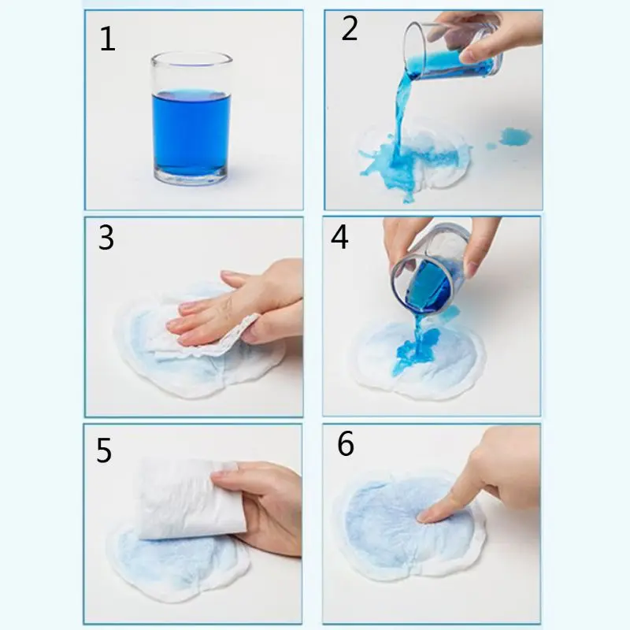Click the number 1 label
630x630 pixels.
(x=107, y=39)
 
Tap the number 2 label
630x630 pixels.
(x=349, y=28)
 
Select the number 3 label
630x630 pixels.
(x=106, y=238)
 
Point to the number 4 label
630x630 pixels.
(x=339, y=237)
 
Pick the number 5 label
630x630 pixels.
(x=104, y=450)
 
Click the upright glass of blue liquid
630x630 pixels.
(x=191, y=118)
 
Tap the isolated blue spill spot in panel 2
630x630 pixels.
(x=515, y=136)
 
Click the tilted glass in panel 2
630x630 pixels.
(x=452, y=50)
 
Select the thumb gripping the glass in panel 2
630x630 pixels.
(x=480, y=50)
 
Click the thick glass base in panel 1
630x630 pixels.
(x=191, y=176)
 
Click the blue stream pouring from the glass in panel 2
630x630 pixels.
(x=402, y=117)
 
